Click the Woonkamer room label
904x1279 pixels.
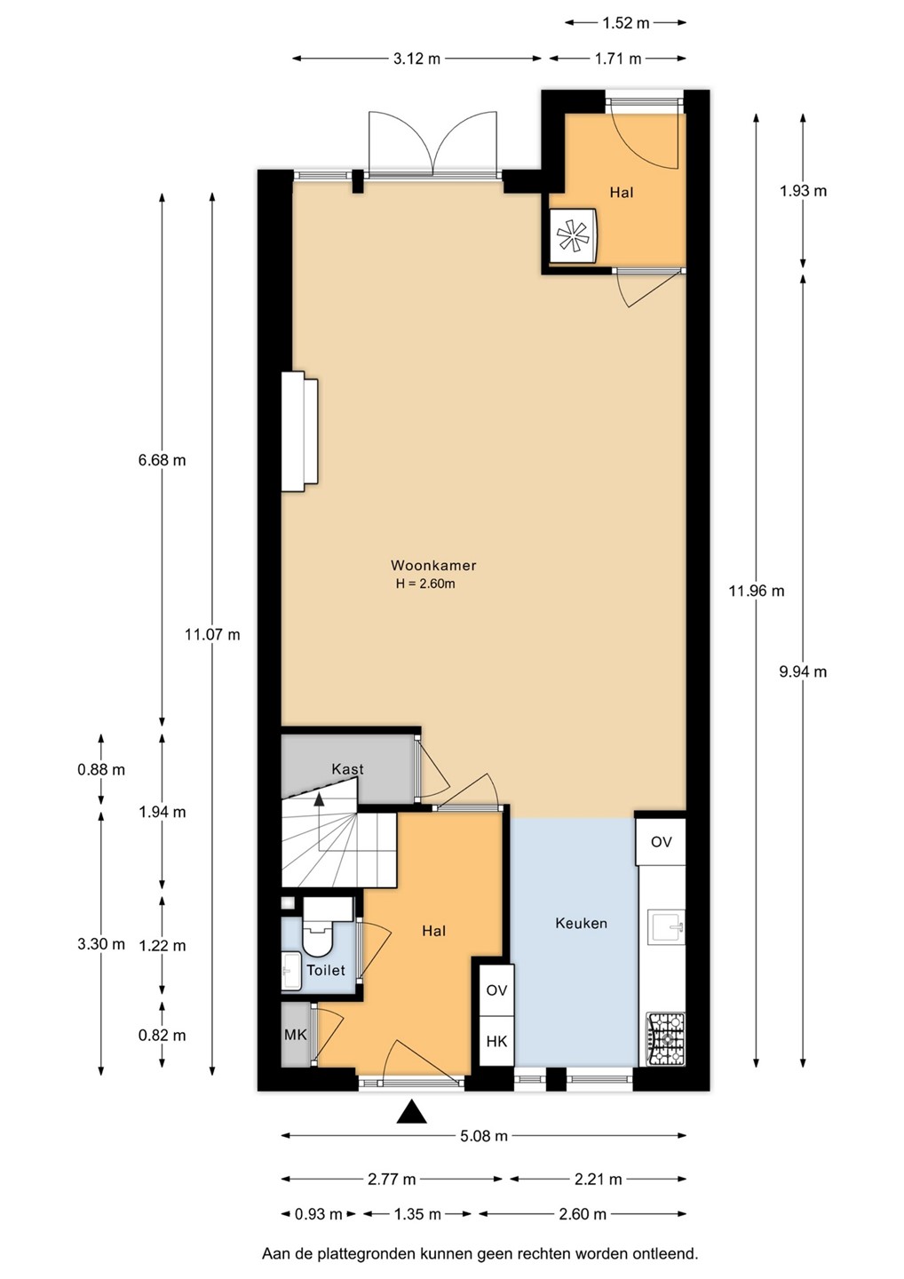433,565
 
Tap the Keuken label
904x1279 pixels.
581,924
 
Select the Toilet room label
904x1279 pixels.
326,970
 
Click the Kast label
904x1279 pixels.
347,769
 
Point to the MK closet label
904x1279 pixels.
296,1034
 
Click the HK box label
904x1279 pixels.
496,1041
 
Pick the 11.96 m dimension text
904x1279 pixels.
757,591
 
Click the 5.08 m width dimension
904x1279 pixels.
483,1136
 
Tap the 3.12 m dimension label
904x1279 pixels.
416,59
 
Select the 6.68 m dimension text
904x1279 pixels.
163,460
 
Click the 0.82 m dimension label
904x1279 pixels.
163,1035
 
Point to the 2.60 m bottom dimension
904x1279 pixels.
583,1213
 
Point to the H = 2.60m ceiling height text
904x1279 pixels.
425,584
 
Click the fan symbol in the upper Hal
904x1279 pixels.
573,236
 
